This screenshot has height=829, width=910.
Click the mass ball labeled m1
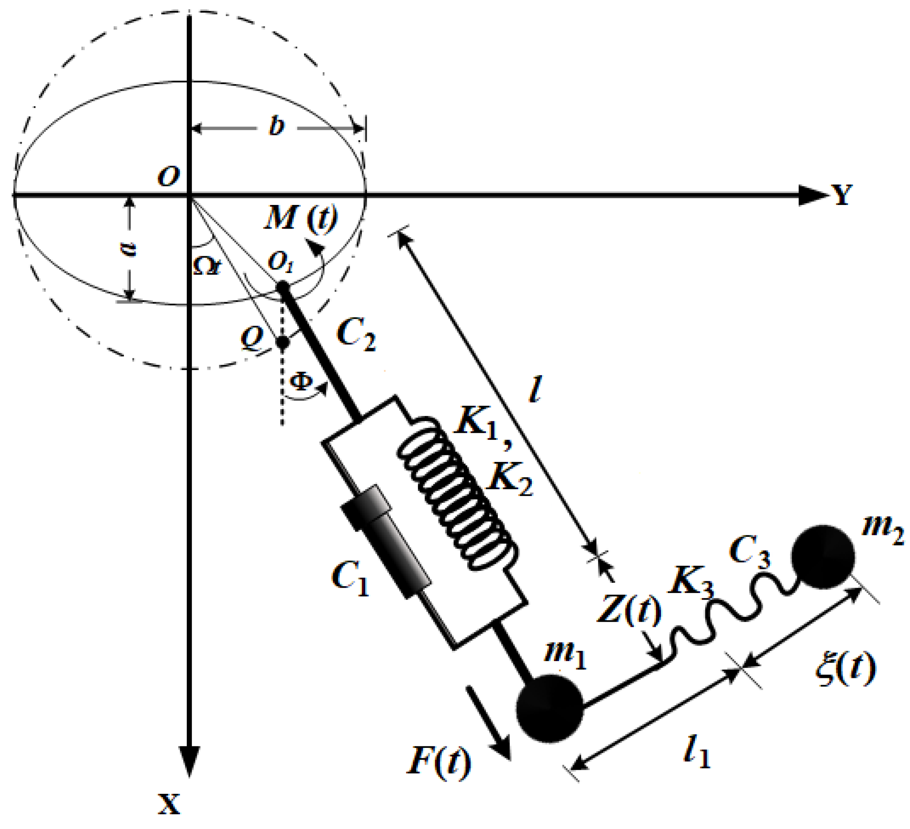pyautogui.click(x=549, y=709)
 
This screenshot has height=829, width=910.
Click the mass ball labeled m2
pyautogui.click(x=823, y=557)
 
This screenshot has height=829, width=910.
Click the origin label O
pyautogui.click(x=169, y=177)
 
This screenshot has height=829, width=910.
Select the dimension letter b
pyautogui.click(x=276, y=125)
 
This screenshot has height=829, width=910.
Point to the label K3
pyautogui.click(x=691, y=583)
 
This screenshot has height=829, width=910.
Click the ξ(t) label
pyautogui.click(x=845, y=669)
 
